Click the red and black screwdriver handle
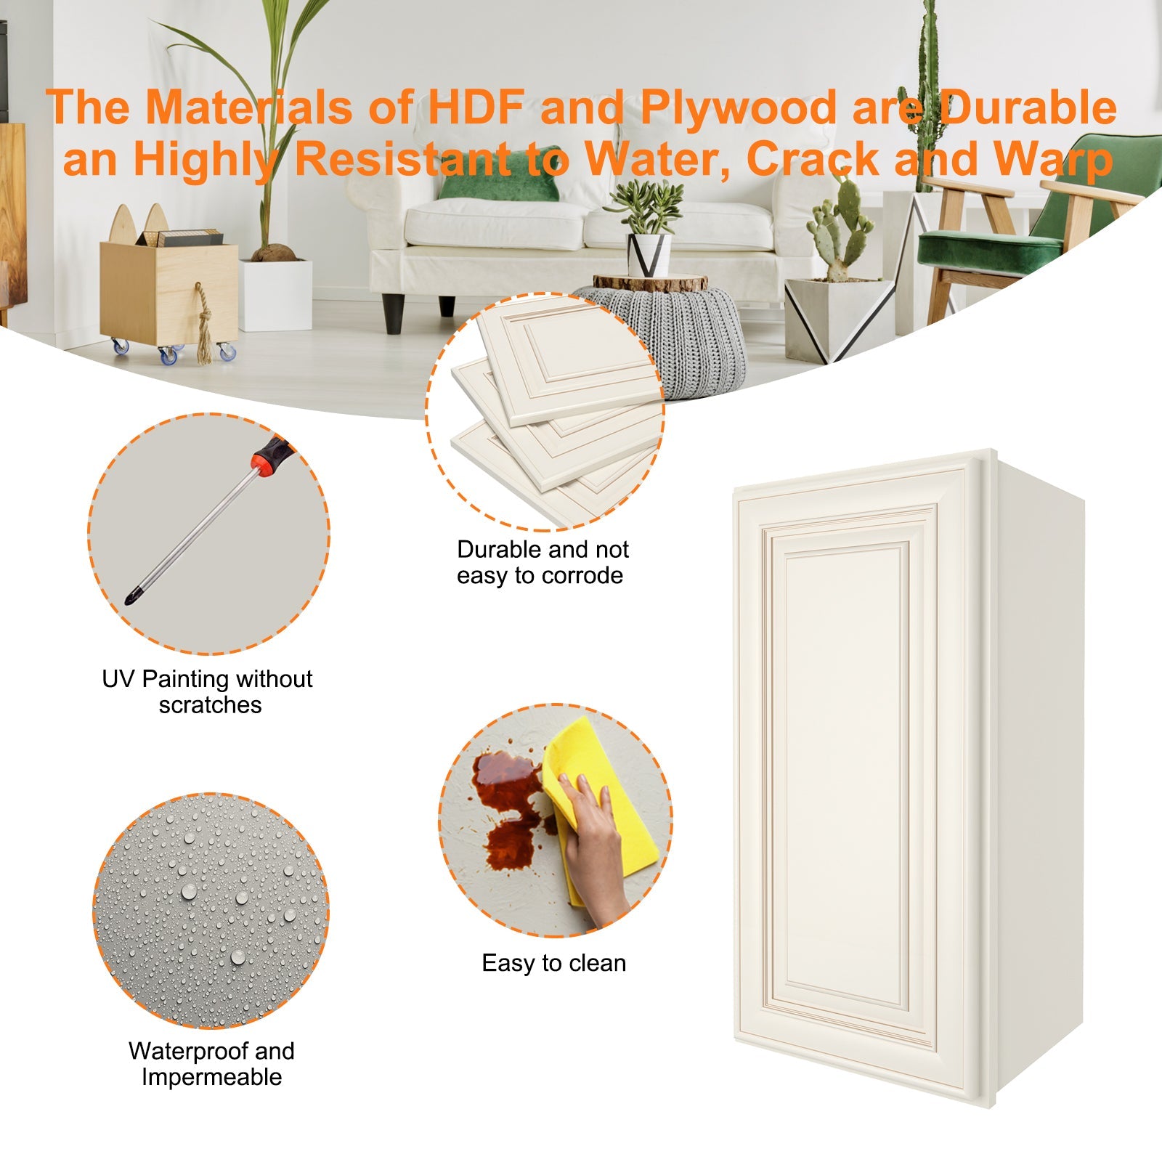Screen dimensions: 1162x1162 click(271, 456)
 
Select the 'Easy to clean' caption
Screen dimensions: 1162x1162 click(553, 963)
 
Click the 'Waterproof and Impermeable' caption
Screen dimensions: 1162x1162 click(211, 1064)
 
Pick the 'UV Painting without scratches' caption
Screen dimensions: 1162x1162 click(208, 691)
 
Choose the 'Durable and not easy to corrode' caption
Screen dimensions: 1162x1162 click(542, 562)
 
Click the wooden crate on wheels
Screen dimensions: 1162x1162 click(168, 290)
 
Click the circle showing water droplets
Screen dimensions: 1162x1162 click(211, 911)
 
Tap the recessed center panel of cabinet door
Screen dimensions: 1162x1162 click(846, 773)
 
